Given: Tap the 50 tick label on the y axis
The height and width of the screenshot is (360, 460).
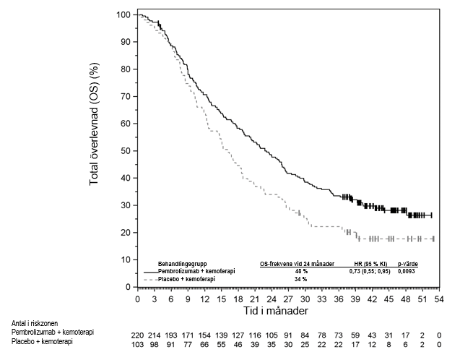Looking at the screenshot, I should point(126,151).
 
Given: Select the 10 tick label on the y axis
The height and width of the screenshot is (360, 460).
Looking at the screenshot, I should point(126,260).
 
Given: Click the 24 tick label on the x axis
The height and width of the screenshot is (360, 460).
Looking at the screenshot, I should point(272,299).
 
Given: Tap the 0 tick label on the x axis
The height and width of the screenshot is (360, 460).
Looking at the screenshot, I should point(138,299).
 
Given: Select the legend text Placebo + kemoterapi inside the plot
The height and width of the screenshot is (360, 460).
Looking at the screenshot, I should point(188,278).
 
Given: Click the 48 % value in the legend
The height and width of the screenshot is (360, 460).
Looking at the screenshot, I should point(300,270).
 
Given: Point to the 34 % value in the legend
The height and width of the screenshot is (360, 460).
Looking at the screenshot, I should point(300,278).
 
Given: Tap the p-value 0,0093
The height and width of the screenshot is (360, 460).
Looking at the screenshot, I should point(407,270).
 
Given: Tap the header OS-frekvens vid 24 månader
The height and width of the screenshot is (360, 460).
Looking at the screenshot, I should point(297,263).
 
